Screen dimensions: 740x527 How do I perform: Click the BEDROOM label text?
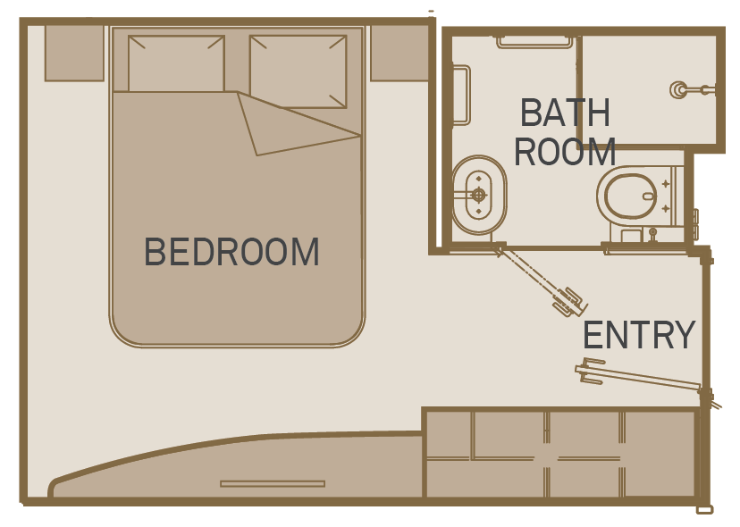231,252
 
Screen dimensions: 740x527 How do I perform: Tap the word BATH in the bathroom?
565,113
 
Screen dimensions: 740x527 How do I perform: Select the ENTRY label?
640,334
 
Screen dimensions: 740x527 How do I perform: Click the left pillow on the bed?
176,63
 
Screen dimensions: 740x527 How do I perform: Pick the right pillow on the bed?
299,71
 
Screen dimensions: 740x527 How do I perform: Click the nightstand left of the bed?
74,53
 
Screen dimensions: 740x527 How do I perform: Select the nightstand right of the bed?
399,53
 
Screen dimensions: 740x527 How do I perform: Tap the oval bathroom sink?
479,195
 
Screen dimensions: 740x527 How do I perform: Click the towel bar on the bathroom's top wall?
534,41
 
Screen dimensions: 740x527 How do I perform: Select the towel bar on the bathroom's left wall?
461,96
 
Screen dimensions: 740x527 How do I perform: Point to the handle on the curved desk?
273,483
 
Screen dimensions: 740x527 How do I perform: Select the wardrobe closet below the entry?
561,454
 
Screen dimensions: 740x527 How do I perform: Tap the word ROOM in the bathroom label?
565,152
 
